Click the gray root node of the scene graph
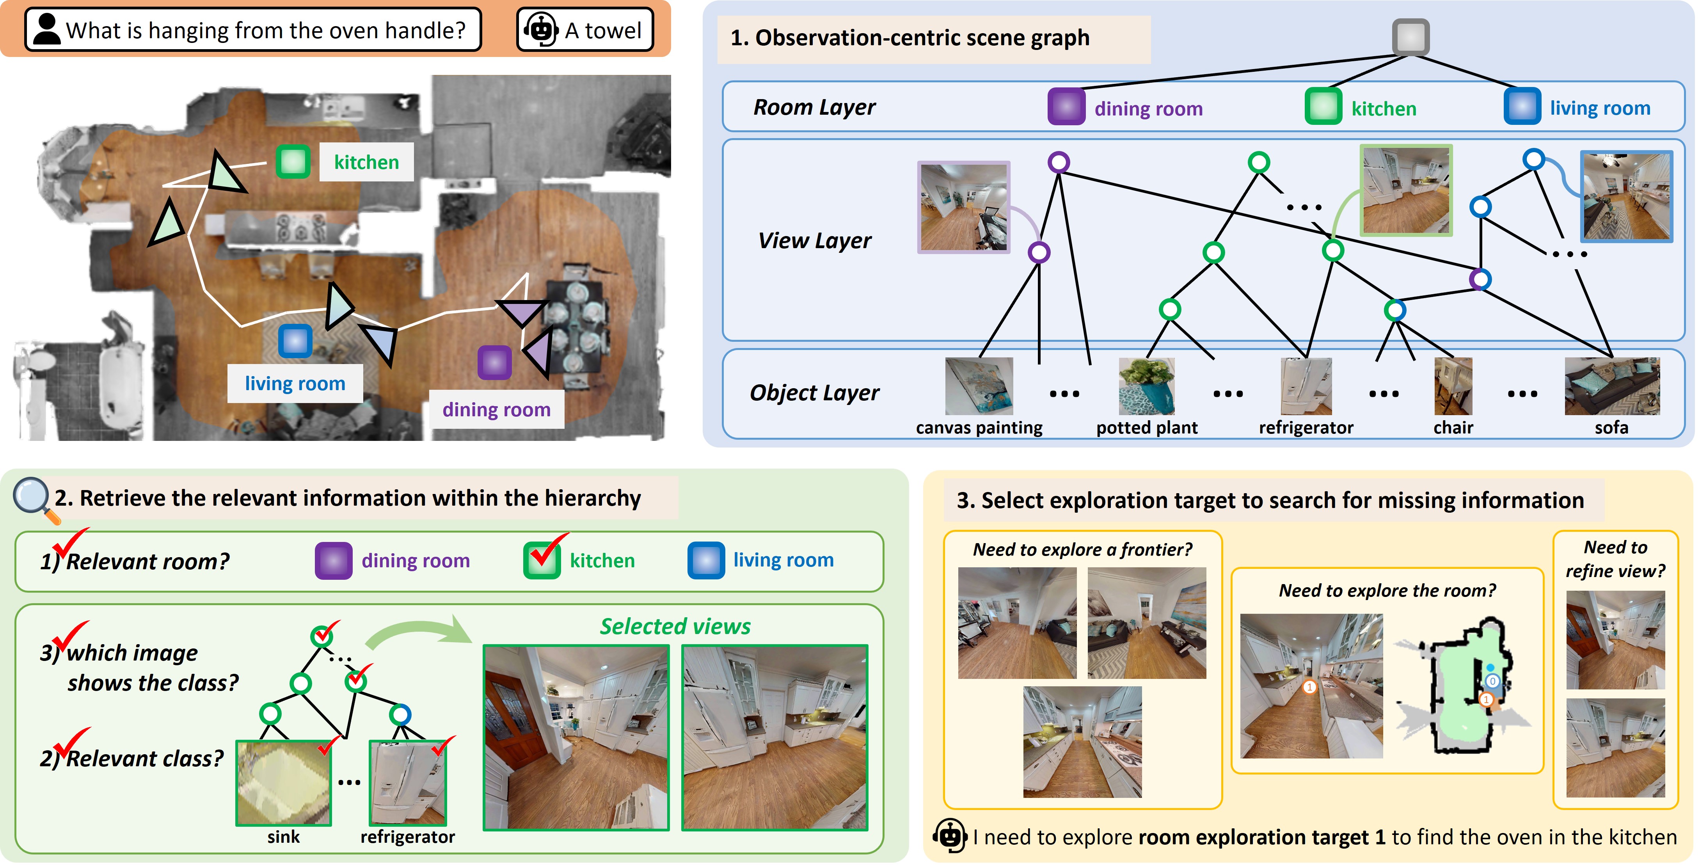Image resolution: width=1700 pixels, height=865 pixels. (1410, 37)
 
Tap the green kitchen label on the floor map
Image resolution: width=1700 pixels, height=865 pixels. (366, 162)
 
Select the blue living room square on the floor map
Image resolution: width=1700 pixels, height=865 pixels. (295, 341)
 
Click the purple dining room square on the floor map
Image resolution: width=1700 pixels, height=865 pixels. (494, 362)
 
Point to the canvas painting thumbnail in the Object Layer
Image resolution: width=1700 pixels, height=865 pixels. (979, 386)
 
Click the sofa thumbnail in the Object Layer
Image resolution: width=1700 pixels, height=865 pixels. (1611, 386)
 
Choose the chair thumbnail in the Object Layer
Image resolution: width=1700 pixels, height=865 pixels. (1453, 386)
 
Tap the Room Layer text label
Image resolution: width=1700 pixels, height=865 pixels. (814, 107)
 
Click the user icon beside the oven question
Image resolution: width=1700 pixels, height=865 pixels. (46, 30)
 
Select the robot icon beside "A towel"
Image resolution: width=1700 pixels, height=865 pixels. (540, 30)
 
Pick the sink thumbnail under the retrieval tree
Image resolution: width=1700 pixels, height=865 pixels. (284, 783)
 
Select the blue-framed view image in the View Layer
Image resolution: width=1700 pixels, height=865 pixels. (1626, 196)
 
